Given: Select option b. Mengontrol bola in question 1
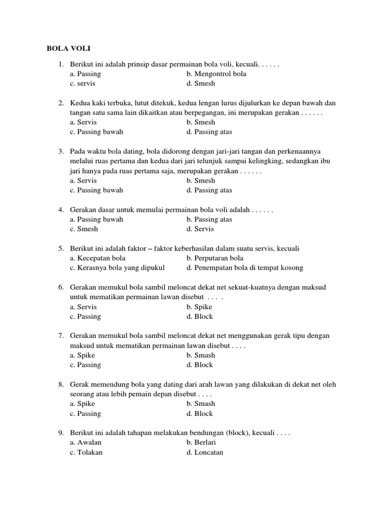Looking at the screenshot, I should click(216, 74).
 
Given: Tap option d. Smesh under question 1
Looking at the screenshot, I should click(201, 83).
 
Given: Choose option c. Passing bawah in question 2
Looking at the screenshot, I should click(96, 132).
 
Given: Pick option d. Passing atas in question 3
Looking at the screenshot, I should click(209, 190).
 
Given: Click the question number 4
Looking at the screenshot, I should click(61, 209).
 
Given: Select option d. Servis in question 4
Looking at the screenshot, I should click(200, 229).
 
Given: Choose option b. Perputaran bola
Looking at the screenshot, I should click(215, 258).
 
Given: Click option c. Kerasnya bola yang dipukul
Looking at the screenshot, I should click(117, 268).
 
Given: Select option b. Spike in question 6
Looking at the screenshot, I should click(199, 307).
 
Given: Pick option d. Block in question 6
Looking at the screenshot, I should click(200, 316).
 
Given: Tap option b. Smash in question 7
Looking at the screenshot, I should click(201, 355).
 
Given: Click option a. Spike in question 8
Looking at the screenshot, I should click(82, 403).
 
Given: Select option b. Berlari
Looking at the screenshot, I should click(201, 442).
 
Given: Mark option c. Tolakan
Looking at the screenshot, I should click(86, 452).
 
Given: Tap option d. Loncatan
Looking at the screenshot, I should click(205, 452).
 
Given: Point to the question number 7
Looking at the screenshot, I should click(61, 335).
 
